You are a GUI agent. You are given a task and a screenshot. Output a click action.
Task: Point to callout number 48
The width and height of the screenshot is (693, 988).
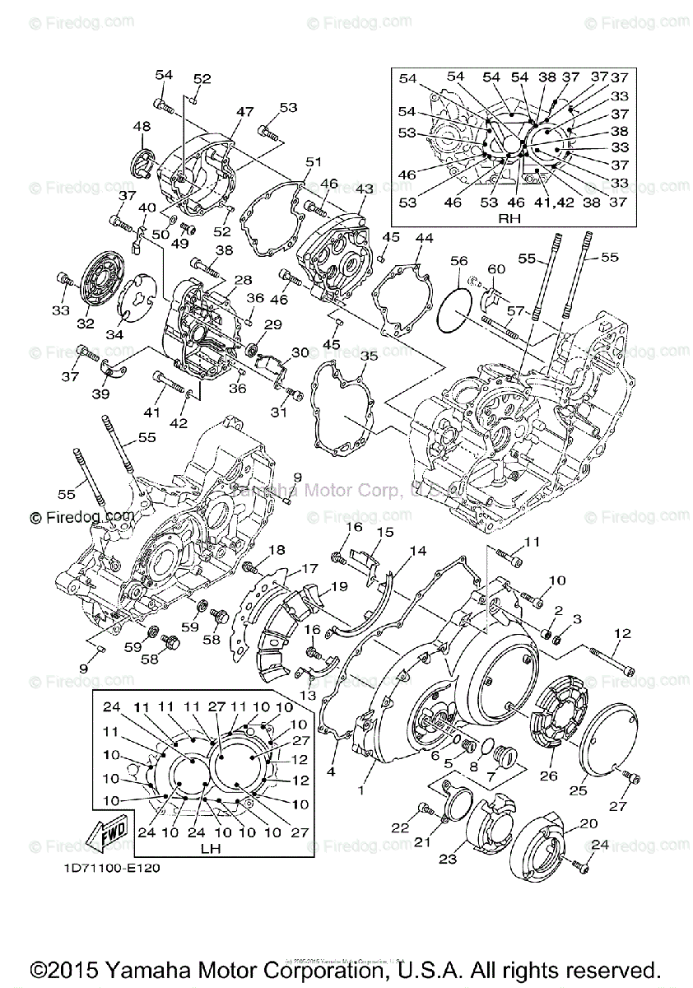[142, 126]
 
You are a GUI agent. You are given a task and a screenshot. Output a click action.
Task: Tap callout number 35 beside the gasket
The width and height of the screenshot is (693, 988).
[369, 356]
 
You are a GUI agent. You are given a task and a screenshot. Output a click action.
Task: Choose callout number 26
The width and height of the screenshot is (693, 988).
[548, 775]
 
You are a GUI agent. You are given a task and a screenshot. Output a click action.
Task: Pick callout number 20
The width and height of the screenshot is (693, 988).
[588, 824]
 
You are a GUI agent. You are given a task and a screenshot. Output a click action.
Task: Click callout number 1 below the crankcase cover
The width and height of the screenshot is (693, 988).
[358, 789]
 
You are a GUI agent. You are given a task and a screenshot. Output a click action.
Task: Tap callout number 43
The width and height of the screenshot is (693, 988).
[364, 189]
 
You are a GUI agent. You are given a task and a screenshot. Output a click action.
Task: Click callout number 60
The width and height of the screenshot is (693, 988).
[495, 268]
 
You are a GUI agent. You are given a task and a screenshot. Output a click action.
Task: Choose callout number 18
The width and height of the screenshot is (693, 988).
[276, 549]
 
